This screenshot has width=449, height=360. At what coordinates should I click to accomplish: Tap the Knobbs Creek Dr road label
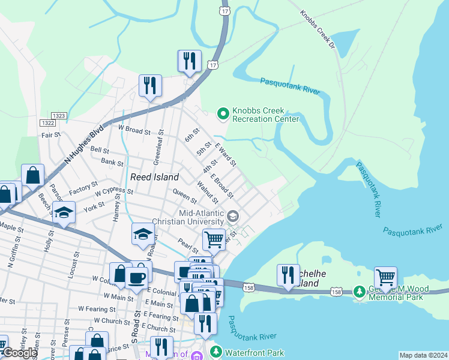[x=316, y=29]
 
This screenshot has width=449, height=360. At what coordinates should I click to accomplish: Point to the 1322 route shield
[x=48, y=122]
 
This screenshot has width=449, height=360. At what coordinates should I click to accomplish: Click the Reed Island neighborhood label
[x=154, y=177]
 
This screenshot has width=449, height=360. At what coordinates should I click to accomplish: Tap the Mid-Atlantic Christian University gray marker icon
[x=232, y=215]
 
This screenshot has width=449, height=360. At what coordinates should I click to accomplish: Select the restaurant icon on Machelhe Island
[x=288, y=275]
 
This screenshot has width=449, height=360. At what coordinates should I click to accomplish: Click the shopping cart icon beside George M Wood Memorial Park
[x=385, y=278]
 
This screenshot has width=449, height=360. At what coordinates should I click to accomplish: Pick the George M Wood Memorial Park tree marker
[x=360, y=292]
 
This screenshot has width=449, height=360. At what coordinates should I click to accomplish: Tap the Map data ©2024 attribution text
[x=423, y=355]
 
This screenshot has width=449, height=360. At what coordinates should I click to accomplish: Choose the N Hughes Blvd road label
[x=84, y=146]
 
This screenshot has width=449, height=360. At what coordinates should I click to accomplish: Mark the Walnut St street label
[x=206, y=195]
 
